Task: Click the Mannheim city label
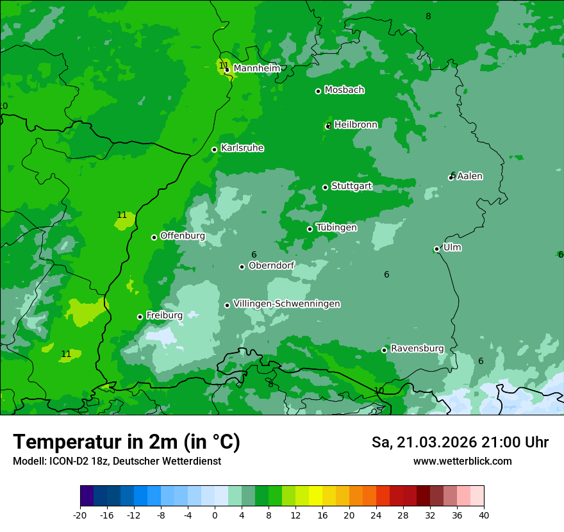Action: pyautogui.click(x=256, y=69)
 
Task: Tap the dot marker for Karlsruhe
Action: pyautogui.click(x=215, y=149)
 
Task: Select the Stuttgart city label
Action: pyautogui.click(x=351, y=187)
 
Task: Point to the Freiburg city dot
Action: pyautogui.click(x=140, y=317)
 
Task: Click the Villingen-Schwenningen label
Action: pyautogui.click(x=286, y=304)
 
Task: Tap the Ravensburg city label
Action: pyautogui.click(x=417, y=349)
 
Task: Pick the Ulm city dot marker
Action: pyautogui.click(x=437, y=249)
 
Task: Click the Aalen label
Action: pyautogui.click(x=470, y=176)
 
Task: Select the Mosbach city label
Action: pyautogui.click(x=344, y=90)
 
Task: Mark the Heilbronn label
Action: pyautogui.click(x=356, y=125)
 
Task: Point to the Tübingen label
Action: pyautogui.click(x=336, y=228)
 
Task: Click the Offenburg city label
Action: pyautogui.click(x=183, y=236)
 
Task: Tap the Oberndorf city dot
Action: pyautogui.click(x=242, y=267)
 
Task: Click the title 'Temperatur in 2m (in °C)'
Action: pyautogui.click(x=126, y=442)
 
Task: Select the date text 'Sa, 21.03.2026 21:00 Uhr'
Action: pyautogui.click(x=460, y=443)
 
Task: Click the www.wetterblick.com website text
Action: pyautogui.click(x=462, y=461)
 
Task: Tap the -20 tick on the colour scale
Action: pyautogui.click(x=80, y=515)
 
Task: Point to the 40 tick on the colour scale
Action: pyautogui.click(x=484, y=515)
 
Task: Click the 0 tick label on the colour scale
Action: pyautogui.click(x=215, y=515)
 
